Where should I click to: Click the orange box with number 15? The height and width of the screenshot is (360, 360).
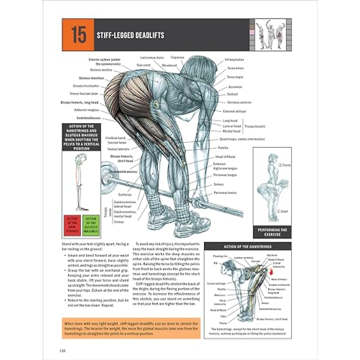pyautogui.click(x=78, y=35)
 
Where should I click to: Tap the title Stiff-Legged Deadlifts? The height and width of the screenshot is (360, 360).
pyautogui.click(x=130, y=35)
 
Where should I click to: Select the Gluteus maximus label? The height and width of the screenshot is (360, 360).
pyautogui.click(x=91, y=78)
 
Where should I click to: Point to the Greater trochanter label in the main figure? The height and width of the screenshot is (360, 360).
pyautogui.click(x=86, y=86)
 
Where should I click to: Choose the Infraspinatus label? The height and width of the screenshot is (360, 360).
pyautogui.click(x=234, y=60)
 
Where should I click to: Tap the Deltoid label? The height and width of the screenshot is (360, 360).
pyautogui.click(x=232, y=94)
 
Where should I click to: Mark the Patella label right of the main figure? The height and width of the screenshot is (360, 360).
pyautogui.click(x=223, y=148)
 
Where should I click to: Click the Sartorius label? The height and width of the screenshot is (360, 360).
pyautogui.click(x=125, y=195)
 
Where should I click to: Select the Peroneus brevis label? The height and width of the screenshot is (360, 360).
pyautogui.click(x=225, y=193)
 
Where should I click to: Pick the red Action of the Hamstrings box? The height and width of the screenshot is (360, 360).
pyautogui.click(x=72, y=225)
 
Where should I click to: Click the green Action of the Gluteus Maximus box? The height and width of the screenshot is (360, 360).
pyautogui.click(x=91, y=225)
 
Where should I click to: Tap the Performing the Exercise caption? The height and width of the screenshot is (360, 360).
pyautogui.click(x=272, y=232)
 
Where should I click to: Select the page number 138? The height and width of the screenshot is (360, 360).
pyautogui.click(x=62, y=351)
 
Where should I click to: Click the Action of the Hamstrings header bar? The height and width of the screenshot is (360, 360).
pyautogui.click(x=247, y=247)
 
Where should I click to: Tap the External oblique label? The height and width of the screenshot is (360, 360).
pyautogui.click(x=234, y=111)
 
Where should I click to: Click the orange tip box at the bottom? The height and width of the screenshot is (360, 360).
pyautogui.click(x=131, y=328)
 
